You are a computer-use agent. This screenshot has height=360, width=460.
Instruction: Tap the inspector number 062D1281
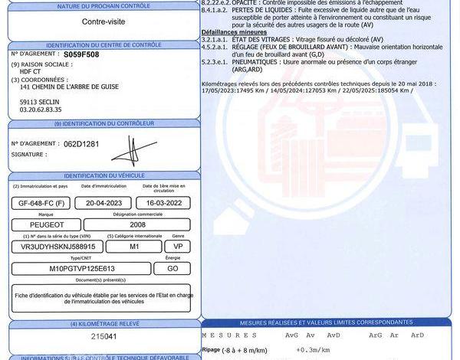tap(82, 143)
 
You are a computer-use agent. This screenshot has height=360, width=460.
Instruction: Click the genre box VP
tap(178, 247)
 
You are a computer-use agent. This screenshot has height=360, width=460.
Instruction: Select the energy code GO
tap(173, 269)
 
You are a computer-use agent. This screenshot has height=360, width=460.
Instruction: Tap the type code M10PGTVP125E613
tap(82, 269)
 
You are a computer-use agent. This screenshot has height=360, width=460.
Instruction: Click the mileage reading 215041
tap(103, 337)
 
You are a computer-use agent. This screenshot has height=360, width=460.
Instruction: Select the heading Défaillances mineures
tap(234, 33)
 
